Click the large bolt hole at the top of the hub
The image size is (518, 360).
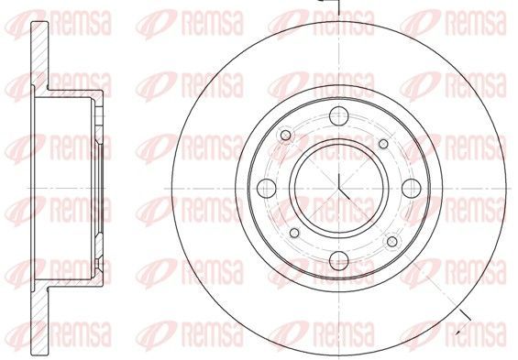[x=339, y=116]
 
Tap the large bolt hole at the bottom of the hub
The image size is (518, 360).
[x=339, y=261]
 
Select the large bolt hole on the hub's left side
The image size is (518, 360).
[x=266, y=189]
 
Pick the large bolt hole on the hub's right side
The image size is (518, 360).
[x=412, y=189]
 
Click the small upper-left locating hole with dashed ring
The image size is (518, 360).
[x=286, y=135]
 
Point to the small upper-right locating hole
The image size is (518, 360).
[x=383, y=144]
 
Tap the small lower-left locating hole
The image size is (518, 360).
[x=294, y=233]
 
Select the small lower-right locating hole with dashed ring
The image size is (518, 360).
[x=392, y=242]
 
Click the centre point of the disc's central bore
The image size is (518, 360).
[x=339, y=189]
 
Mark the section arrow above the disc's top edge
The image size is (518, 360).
[x=329, y=2]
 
